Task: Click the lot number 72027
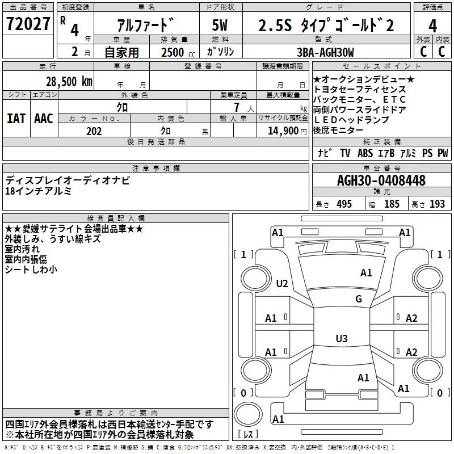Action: click(28, 24)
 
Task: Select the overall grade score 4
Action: click(432, 26)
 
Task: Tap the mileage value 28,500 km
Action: click(69, 82)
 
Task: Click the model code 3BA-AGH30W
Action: click(325, 52)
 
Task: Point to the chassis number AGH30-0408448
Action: click(381, 180)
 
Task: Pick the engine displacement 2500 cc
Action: click(178, 52)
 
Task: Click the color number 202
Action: click(94, 131)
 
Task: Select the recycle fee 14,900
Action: click(283, 131)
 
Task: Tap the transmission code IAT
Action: click(16, 119)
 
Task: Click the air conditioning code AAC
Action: click(44, 119)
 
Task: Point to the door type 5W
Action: click(220, 25)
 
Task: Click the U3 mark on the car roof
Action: click(342, 338)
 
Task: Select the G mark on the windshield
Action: click(359, 299)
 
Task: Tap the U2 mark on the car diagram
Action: click(282, 283)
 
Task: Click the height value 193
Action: click(437, 204)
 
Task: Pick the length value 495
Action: click(344, 204)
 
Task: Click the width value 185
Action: click(392, 204)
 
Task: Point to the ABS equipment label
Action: click(365, 153)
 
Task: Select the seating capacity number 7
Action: click(237, 107)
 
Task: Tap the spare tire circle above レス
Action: click(248, 414)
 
